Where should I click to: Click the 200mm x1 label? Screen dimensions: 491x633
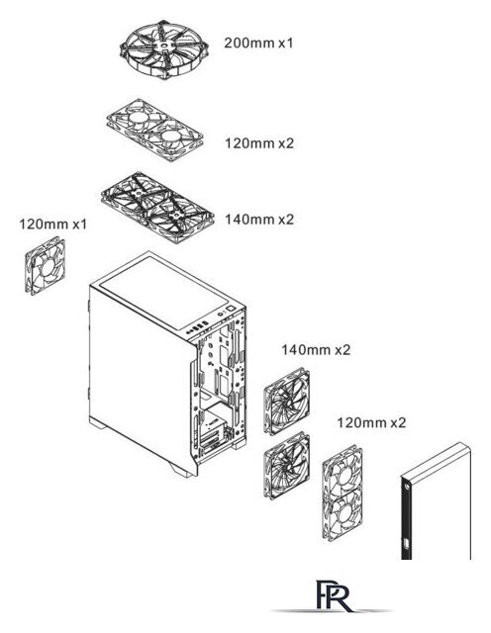coord(258,43)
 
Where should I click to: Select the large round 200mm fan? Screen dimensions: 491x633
coord(164,49)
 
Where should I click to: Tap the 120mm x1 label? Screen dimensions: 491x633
coord(52,224)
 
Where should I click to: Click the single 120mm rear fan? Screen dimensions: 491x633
coord(45,266)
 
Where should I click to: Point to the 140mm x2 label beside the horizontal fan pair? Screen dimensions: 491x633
coord(259,220)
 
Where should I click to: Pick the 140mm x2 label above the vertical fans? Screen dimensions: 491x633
coord(316,349)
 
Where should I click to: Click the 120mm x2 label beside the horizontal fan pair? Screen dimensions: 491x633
coord(259,143)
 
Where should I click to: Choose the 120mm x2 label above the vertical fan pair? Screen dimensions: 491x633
coord(371,422)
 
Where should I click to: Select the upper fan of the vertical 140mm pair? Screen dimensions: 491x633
coord(287,401)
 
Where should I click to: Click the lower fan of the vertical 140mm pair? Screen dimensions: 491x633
coord(287,466)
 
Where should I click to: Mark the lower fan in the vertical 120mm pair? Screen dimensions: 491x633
coord(343,514)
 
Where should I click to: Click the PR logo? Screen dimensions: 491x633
coord(333,595)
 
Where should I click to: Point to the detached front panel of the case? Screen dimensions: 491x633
coord(437,501)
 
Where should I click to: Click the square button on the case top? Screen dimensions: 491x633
coord(231,309)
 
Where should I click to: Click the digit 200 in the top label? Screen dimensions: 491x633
coord(236,43)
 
